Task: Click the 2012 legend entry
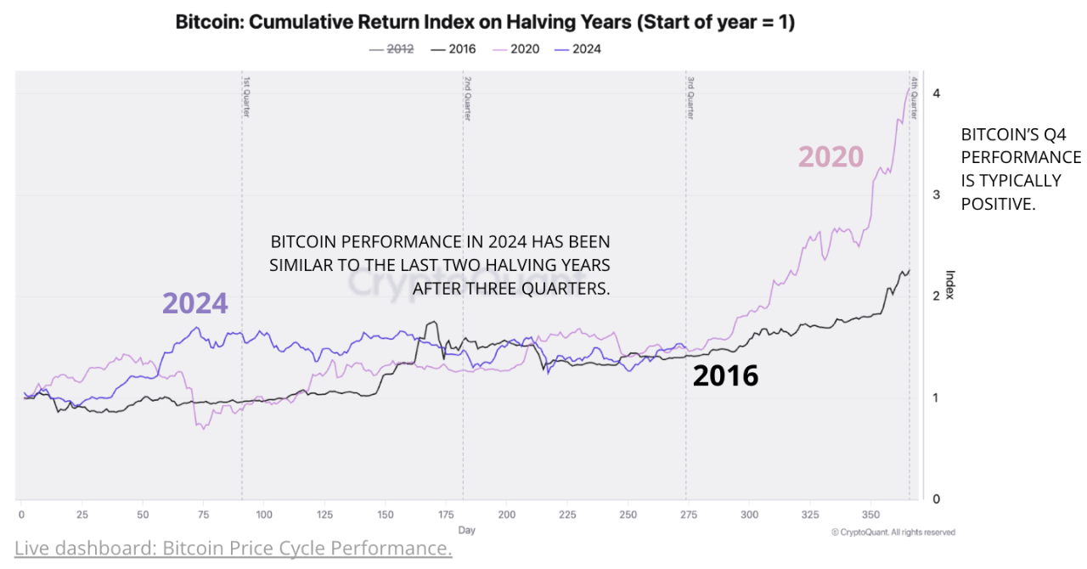click(392, 48)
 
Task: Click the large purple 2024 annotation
click(195, 303)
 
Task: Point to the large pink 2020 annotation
click(830, 157)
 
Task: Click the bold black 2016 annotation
click(725, 375)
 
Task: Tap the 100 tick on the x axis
click(264, 515)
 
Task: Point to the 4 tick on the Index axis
click(936, 93)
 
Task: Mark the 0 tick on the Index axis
click(936, 499)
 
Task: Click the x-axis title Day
click(466, 530)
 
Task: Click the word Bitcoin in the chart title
click(206, 23)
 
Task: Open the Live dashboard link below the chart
click(233, 549)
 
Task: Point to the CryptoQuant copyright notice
click(893, 532)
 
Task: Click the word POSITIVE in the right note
click(999, 204)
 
